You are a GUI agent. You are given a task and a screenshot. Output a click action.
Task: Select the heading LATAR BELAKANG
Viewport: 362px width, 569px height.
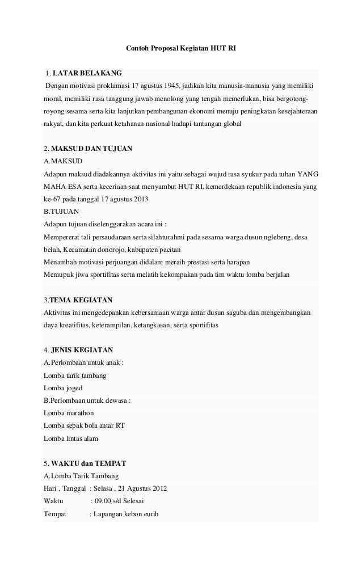[87, 74]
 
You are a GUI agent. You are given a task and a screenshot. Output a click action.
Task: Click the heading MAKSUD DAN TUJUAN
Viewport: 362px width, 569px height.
[91, 149]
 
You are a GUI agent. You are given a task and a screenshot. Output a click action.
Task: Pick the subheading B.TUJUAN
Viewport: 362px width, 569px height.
[62, 211]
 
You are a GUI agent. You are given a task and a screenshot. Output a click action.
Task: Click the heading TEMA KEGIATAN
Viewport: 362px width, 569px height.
[81, 299]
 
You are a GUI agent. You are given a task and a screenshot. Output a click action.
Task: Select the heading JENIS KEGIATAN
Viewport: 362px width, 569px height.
[82, 349]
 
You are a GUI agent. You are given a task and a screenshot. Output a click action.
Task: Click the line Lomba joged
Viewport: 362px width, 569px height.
[63, 388]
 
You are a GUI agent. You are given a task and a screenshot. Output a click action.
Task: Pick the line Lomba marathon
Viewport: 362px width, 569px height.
[69, 413]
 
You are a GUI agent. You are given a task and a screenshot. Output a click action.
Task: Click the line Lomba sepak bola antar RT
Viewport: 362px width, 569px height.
[84, 425]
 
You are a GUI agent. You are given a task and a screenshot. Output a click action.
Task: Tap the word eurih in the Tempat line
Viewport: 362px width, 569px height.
[150, 514]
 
